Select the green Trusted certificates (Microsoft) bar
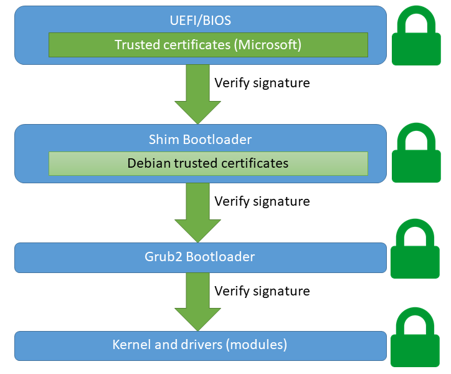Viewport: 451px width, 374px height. click(208, 45)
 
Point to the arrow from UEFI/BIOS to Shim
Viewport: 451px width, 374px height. click(197, 92)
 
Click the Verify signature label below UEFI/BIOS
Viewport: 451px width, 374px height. click(262, 82)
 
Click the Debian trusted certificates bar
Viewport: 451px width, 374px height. click(208, 163)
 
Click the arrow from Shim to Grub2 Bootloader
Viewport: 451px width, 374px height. click(197, 212)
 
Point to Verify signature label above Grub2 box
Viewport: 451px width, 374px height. click(262, 201)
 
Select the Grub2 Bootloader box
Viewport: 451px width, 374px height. click(201, 257)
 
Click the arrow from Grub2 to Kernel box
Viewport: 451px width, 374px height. click(197, 302)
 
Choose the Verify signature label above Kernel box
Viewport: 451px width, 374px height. click(262, 291)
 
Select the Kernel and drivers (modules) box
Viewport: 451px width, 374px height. click(201, 345)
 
